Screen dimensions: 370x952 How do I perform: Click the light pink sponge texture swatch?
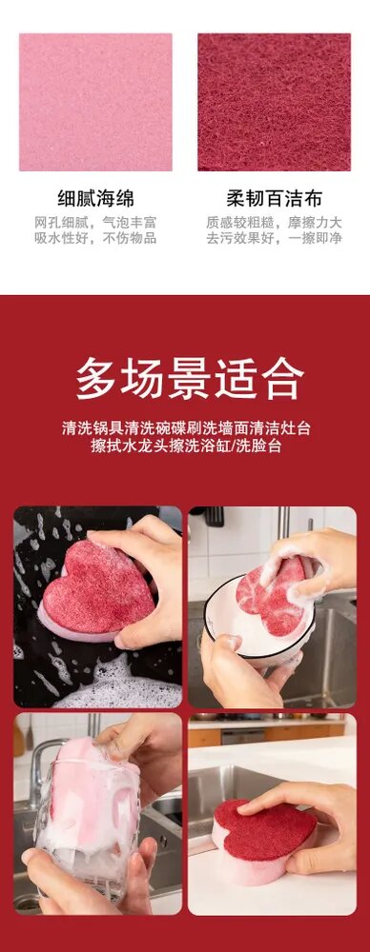[95, 102]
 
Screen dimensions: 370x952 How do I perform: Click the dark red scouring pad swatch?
[274, 102]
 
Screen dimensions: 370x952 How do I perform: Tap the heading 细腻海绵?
[95, 199]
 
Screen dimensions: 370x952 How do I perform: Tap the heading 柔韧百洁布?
[274, 199]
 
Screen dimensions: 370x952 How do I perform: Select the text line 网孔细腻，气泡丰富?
[95, 222]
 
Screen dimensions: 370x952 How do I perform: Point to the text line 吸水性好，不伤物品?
[95, 238]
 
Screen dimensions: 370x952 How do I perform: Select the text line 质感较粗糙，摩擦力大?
[274, 222]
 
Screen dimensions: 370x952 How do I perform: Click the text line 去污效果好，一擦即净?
[274, 238]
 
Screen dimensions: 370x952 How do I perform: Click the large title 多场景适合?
[190, 378]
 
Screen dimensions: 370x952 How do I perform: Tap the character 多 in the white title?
[97, 378]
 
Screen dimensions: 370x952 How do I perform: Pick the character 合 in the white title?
[282, 378]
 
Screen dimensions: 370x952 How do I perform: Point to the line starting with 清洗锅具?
[186, 428]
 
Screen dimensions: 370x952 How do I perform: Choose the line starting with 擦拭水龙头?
[186, 446]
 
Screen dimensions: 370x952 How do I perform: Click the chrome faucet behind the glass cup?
[44, 765]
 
